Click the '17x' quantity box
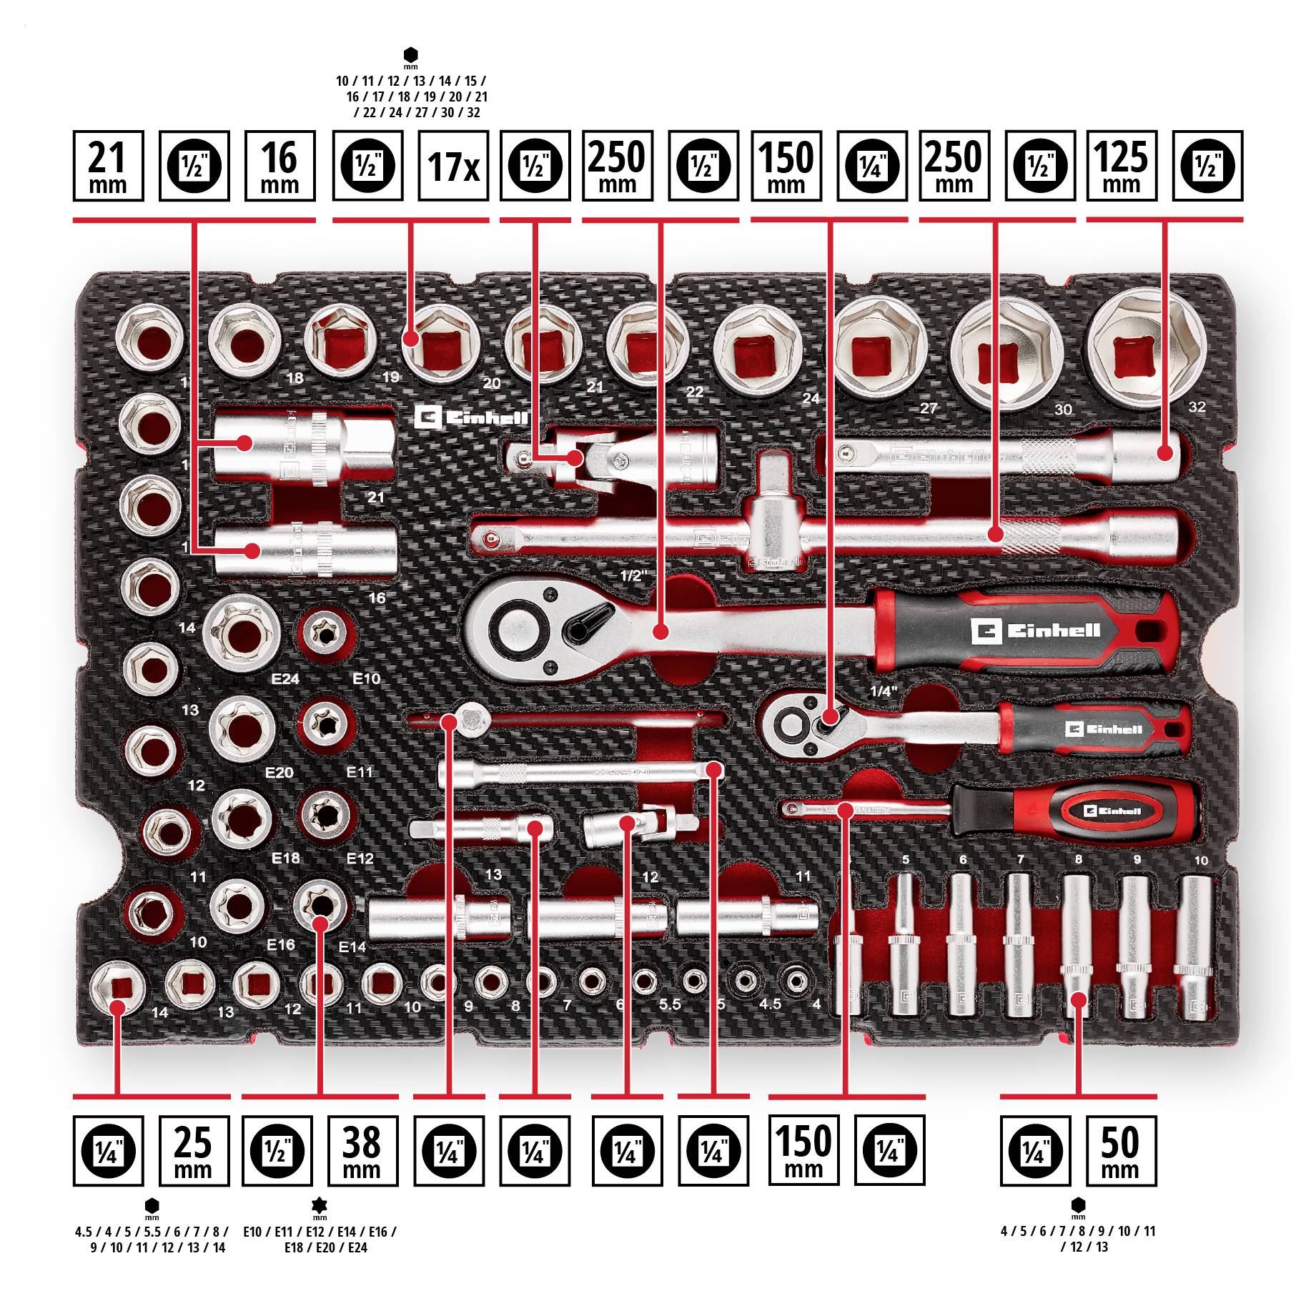[452, 166]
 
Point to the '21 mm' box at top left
[108, 166]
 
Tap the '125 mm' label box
[1121, 166]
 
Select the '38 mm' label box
[362, 1150]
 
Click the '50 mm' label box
[1120, 1150]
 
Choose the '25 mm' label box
[193, 1150]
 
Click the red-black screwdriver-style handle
[1072, 811]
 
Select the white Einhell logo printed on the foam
[472, 417]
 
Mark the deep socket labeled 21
[304, 447]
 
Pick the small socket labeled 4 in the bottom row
[795, 979]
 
